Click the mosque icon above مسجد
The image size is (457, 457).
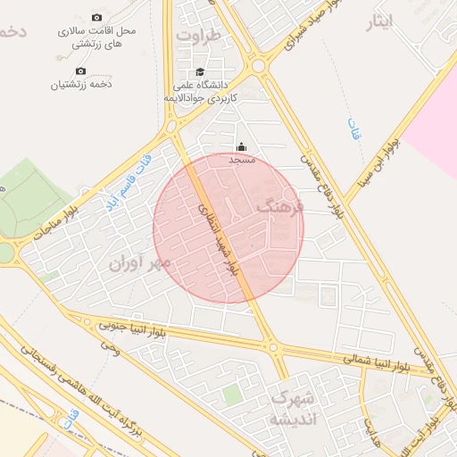pos(240,147)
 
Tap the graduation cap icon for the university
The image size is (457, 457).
pos(200,72)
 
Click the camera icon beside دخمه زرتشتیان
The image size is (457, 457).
pos(80,71)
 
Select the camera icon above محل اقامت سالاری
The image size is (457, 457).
pos(96,17)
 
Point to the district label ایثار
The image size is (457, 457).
pos(380,21)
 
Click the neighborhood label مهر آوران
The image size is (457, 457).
pos(139,264)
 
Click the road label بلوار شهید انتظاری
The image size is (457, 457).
pos(217,237)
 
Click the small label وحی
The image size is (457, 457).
pos(110,345)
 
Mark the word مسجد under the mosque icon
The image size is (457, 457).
pos(242,160)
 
